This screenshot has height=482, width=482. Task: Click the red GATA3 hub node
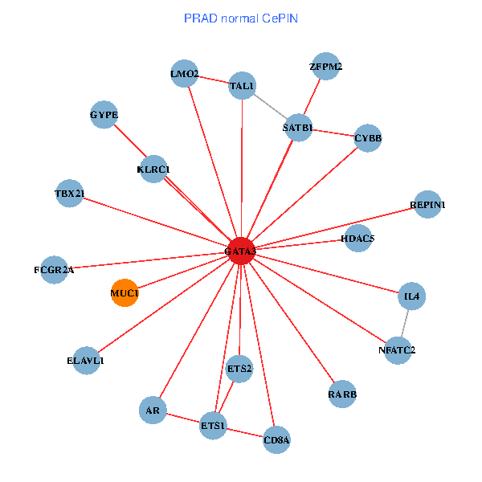tap(241, 251)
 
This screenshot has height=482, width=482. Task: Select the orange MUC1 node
tap(125, 292)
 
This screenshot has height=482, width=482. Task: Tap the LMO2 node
tap(185, 74)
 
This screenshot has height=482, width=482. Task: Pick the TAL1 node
tap(243, 85)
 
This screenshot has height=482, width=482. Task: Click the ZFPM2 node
tap(326, 67)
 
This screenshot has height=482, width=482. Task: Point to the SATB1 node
tap(299, 127)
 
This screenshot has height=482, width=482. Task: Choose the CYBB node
tap(368, 138)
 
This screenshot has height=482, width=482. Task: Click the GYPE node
tap(104, 115)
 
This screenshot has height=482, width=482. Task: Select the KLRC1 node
tap(153, 169)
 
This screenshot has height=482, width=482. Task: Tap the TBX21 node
tap(70, 193)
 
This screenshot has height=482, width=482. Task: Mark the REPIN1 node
tap(427, 204)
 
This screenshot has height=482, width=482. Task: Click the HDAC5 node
tap(357, 238)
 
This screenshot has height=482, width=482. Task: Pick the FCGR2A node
tap(54, 269)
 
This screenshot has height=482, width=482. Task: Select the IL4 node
tap(412, 296)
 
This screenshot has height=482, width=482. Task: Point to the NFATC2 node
tap(398, 349)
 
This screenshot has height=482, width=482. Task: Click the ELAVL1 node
tap(86, 360)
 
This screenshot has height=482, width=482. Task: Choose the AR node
tap(152, 411)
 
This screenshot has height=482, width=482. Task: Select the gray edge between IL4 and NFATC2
tap(405, 323)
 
